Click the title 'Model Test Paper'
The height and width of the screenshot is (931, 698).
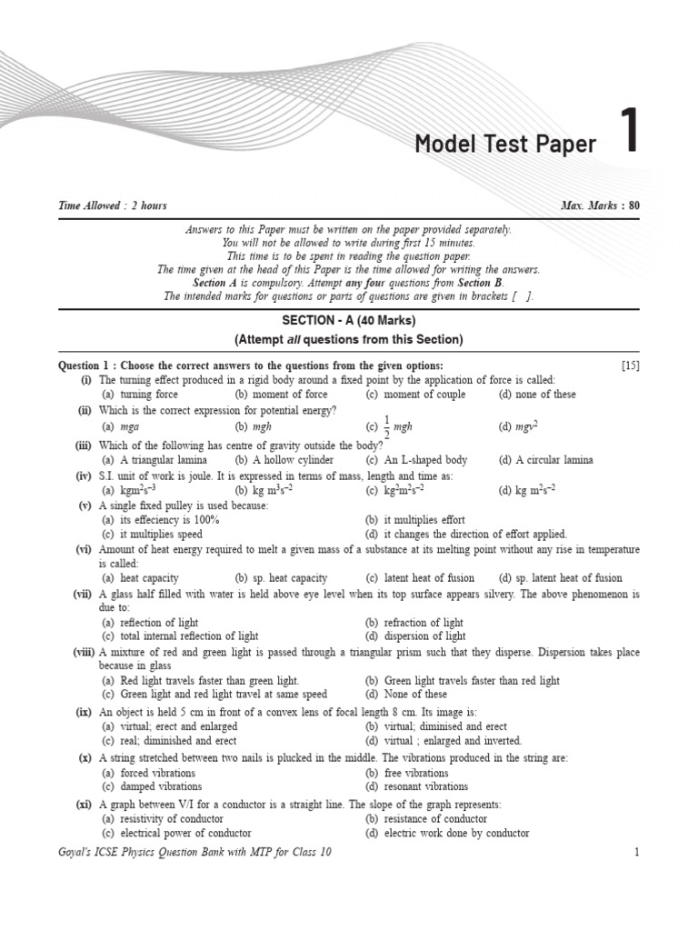505,145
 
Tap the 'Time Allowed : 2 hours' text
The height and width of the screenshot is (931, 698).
113,205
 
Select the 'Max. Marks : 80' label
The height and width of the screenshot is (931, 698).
600,205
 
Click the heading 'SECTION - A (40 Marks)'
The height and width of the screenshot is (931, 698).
349,321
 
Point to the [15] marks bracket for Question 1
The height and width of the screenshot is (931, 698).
631,365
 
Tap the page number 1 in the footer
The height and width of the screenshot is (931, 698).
637,852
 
